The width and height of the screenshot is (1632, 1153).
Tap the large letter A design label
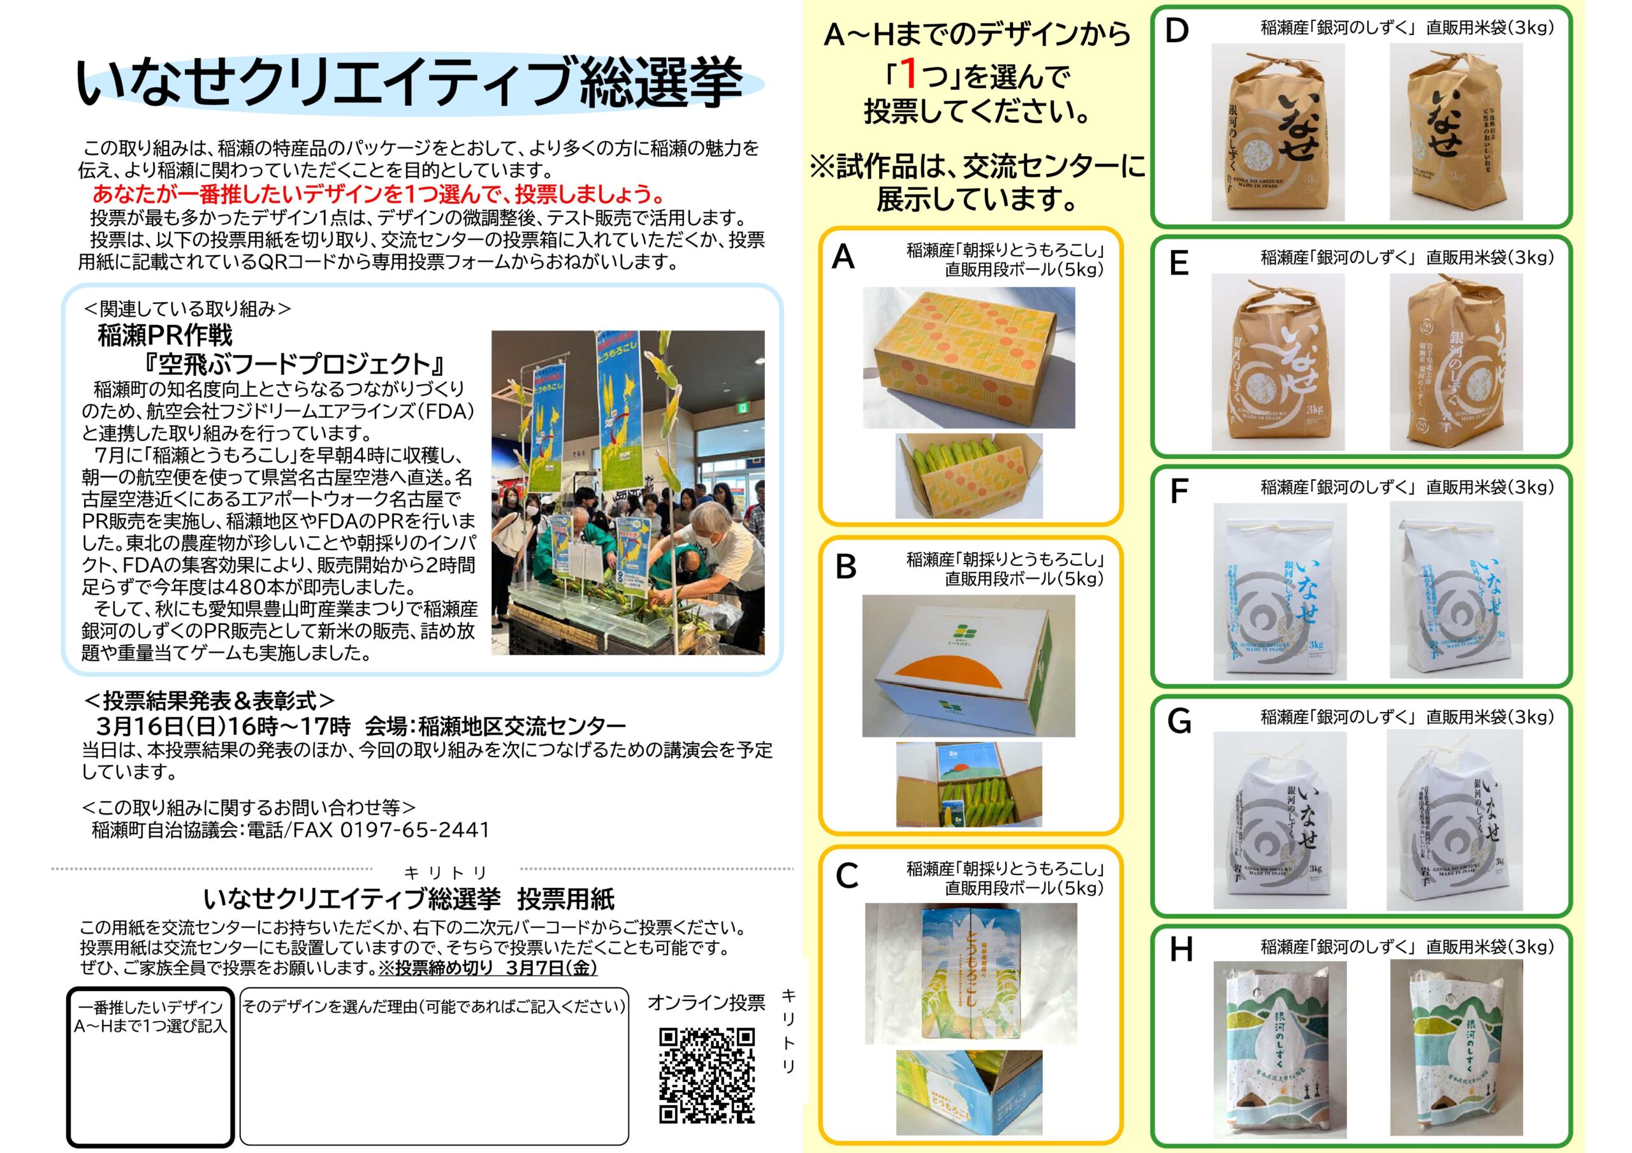click(x=843, y=257)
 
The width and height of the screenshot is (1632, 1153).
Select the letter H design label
click(x=1181, y=950)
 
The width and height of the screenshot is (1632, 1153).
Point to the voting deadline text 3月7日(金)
click(x=551, y=968)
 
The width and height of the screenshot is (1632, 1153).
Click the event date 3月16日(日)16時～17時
click(x=224, y=726)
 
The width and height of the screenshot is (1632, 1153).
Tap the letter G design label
click(x=1180, y=722)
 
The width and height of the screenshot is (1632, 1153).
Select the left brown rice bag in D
click(x=1278, y=132)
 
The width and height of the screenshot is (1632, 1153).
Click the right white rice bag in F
click(x=1455, y=590)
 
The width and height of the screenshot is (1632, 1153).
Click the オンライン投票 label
click(x=706, y=1003)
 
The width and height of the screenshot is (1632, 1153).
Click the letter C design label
click(x=847, y=876)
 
